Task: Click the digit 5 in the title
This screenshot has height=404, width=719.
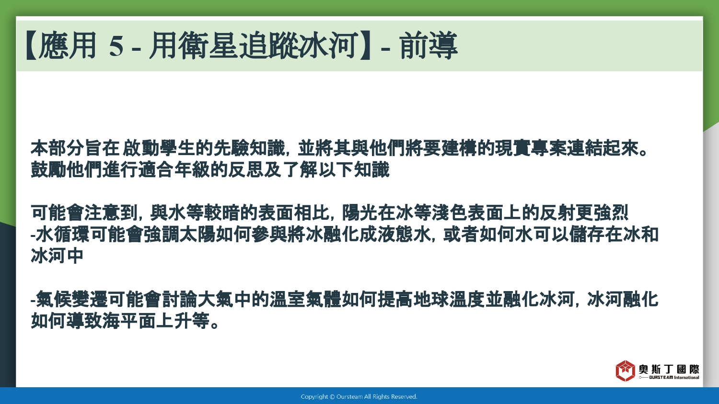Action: click(116, 46)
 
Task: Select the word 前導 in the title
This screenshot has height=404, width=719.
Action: click(429, 45)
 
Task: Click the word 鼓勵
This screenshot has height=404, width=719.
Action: click(48, 169)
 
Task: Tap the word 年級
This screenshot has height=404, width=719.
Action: click(192, 169)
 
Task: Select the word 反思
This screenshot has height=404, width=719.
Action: click(246, 169)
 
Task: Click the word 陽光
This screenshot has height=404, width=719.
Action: click(360, 213)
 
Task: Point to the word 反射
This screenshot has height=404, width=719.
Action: click(557, 213)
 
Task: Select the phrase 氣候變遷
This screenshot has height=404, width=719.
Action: click(71, 300)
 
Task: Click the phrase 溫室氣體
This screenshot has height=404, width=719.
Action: click(305, 300)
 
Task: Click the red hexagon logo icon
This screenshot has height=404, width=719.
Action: click(625, 370)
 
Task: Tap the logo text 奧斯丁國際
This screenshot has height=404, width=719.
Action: click(669, 369)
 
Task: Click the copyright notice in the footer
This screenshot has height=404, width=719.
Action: click(359, 397)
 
